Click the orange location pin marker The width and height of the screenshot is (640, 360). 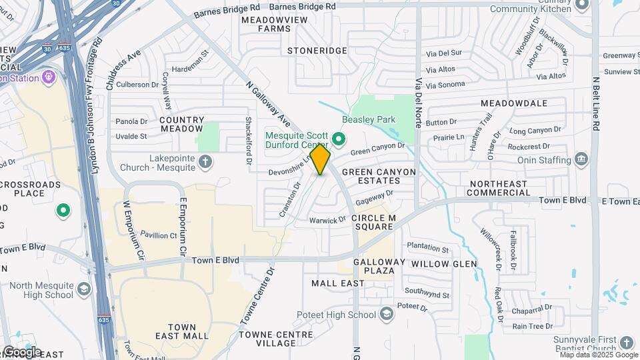pos(320,159)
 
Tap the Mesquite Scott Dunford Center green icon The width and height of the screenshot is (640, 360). pos(339,139)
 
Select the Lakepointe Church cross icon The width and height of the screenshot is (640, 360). pos(206,161)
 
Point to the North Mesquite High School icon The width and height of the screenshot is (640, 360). pos(83,289)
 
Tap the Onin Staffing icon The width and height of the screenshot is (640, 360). pos(581,159)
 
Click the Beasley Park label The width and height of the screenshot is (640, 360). pos(369,120)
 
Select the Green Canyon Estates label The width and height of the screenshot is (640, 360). pos(379,177)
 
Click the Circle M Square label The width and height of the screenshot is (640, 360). pos(373,222)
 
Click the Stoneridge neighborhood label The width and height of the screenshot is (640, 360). pos(317,51)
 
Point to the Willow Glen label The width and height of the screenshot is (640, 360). pos(444,264)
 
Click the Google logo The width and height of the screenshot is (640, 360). pos(22,352)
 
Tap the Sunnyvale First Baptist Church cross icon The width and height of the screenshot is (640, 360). pos(626,343)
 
